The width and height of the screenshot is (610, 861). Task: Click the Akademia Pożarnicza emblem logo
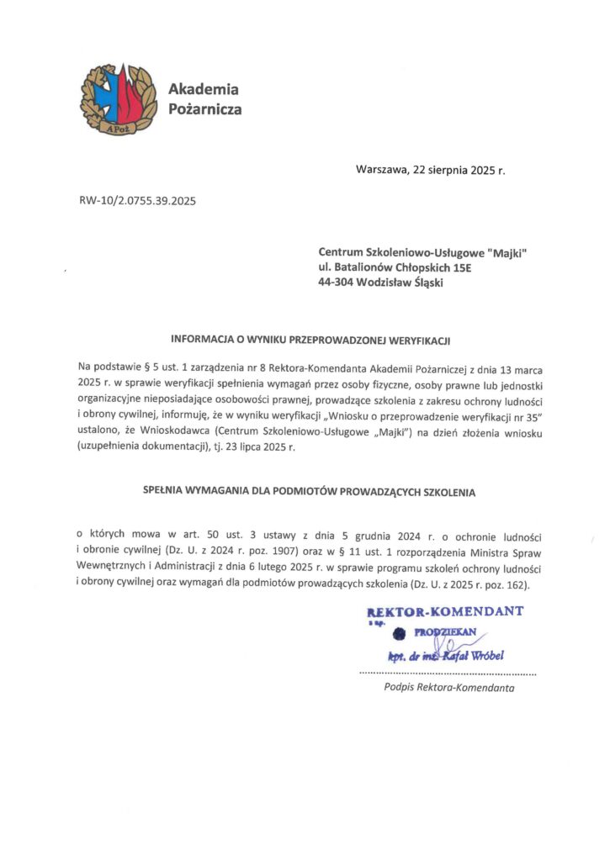coord(117,101)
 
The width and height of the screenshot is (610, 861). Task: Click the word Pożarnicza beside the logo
coord(204,109)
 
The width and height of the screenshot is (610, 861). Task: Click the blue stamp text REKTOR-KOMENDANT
coord(446,611)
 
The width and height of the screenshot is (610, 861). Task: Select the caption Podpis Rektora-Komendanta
coord(448,687)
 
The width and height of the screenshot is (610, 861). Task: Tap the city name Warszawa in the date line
coord(382,170)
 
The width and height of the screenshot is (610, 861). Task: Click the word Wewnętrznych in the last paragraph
coord(112,568)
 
